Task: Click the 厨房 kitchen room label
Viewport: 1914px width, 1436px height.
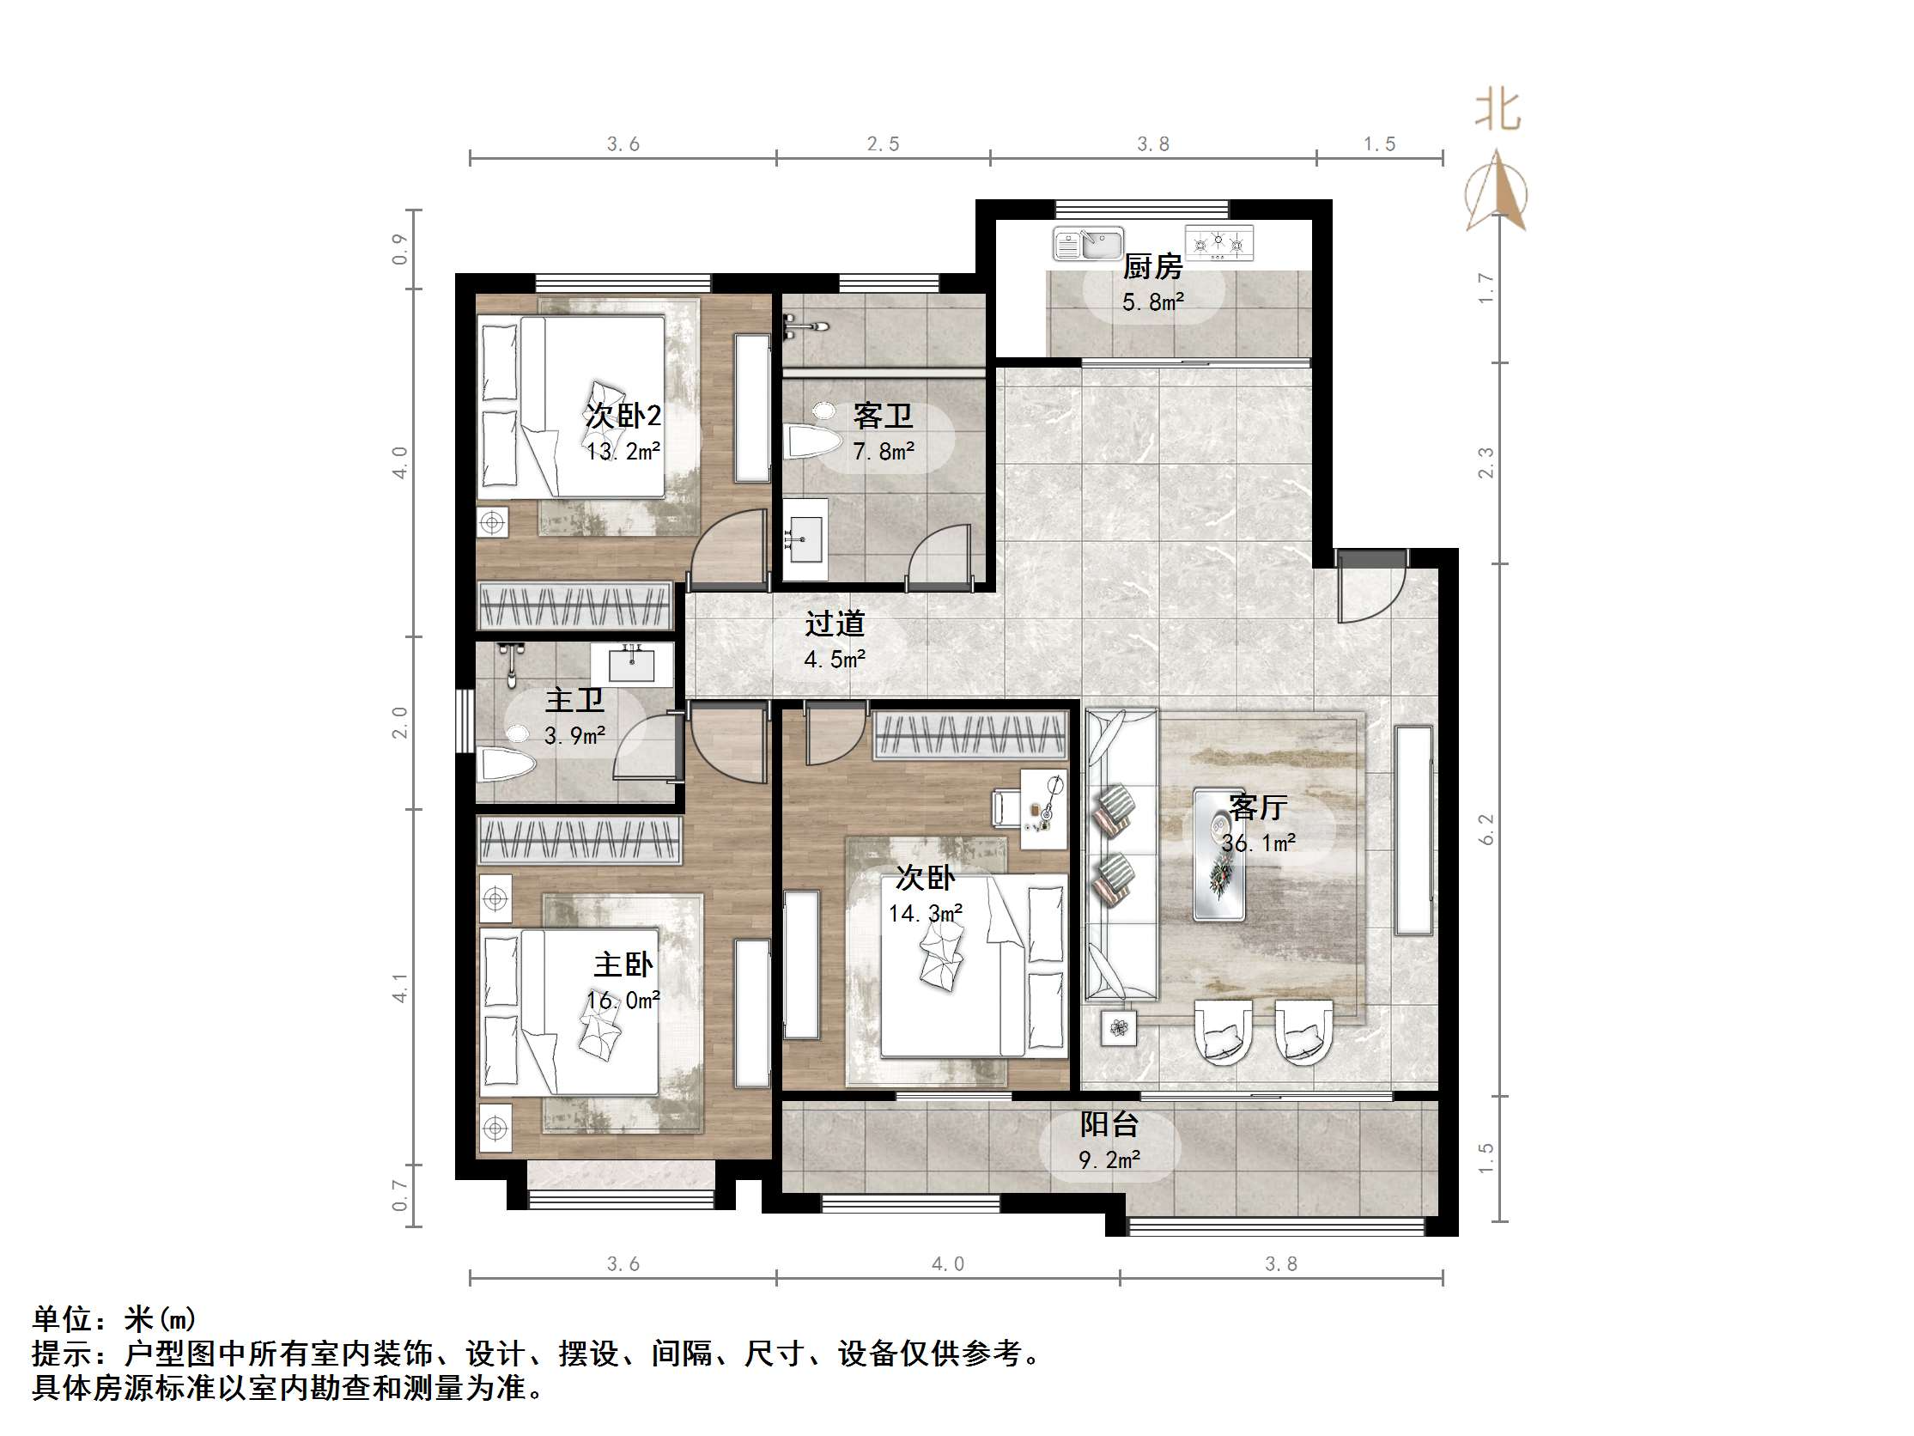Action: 1151,266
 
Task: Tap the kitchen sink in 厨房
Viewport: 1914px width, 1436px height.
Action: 1088,244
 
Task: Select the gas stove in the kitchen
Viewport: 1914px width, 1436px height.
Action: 1218,243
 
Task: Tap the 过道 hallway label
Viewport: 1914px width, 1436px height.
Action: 834,624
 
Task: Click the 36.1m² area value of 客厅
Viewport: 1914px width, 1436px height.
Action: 1258,843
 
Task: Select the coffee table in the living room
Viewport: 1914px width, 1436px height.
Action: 1219,855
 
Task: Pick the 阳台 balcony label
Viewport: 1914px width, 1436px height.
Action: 1109,1124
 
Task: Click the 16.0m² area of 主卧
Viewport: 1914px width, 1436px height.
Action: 623,1001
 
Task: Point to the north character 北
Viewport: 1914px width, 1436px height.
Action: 1498,112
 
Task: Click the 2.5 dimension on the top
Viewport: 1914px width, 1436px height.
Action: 883,144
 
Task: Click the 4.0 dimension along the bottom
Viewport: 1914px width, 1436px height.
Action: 947,1264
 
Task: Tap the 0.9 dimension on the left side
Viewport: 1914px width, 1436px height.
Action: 399,249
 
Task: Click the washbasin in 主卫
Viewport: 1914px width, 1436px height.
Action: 632,663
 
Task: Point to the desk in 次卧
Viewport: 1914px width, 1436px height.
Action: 1043,808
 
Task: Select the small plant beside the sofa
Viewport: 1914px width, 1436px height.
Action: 1119,1028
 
